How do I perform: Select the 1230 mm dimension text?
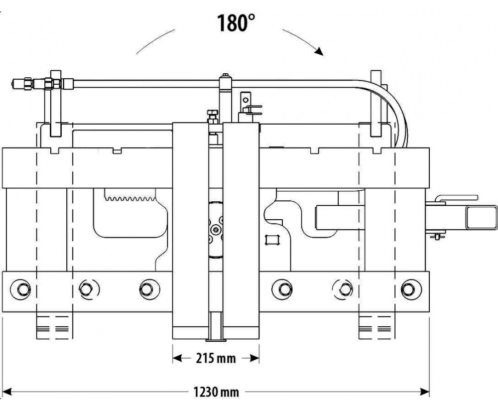click(x=216, y=392)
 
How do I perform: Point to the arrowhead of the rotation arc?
click(x=319, y=51)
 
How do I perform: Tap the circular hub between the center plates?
click(x=216, y=229)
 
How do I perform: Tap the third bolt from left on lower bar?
click(x=147, y=288)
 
